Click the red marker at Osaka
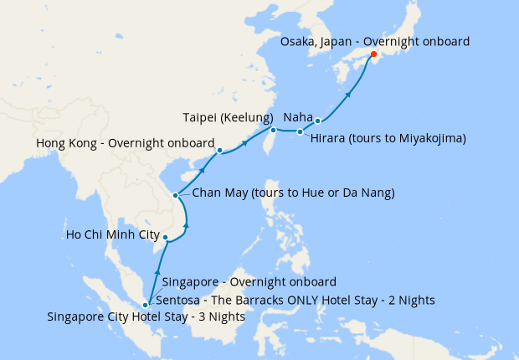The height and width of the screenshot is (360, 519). coord(373,57)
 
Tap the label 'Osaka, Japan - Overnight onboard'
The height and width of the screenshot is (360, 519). coord(374,41)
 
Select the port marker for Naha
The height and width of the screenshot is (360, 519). coord(318,122)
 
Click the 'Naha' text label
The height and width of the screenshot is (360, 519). coord(299,117)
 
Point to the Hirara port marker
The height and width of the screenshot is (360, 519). coord(300,132)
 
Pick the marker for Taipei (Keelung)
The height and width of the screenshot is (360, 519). coord(273,130)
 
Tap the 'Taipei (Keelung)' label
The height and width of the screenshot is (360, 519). coord(228,117)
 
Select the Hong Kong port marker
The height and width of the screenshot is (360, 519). coord(218,152)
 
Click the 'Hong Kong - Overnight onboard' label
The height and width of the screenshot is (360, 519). coord(126,143)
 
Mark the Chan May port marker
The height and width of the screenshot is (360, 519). coord(176,195)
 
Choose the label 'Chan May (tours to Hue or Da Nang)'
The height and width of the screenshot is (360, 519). coord(293,193)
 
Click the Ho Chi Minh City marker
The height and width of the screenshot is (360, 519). coord(166,238)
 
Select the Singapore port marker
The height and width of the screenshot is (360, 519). coord(146,305)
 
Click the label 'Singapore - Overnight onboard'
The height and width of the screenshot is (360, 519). coord(249,282)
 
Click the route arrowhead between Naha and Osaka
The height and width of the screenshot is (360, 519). coord(349,95)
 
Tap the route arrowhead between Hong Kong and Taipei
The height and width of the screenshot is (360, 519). coord(245,142)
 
